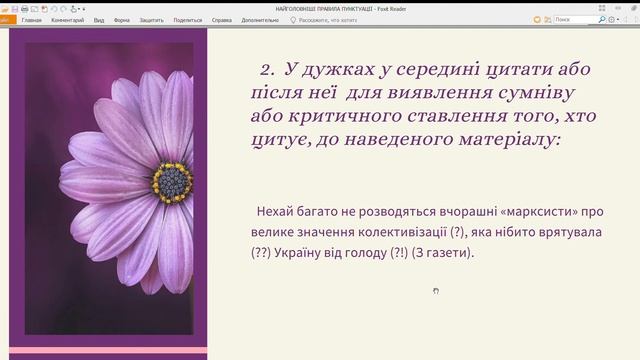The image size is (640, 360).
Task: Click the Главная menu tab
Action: click(31, 19)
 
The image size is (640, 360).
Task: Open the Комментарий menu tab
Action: click(68, 19)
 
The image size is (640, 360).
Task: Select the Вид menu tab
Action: click(99, 19)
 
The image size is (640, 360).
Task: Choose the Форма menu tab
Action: click(122, 19)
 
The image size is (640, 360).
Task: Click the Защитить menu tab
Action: click(152, 19)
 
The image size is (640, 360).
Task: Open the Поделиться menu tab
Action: click(187, 19)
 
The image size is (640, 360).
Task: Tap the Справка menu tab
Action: click(222, 19)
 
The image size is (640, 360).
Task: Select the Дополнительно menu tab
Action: click(259, 19)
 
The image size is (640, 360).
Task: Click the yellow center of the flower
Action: click(173, 181)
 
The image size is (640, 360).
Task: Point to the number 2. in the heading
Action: click(266, 70)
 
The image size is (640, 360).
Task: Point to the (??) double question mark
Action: click(263, 253)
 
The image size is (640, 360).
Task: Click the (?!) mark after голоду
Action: click(392, 253)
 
